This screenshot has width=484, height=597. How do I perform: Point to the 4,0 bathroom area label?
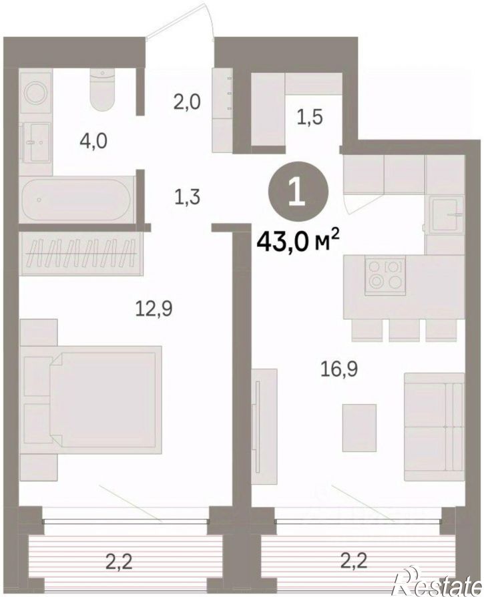point(93,142)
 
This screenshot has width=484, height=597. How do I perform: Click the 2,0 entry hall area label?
point(187,103)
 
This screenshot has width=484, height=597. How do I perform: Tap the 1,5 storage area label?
point(309,118)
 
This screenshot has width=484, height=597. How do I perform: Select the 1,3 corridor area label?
point(187,198)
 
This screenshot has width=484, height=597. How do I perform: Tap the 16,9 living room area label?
point(339,370)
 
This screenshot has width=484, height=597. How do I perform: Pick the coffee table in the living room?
point(359,427)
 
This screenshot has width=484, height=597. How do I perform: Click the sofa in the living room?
point(434,427)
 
